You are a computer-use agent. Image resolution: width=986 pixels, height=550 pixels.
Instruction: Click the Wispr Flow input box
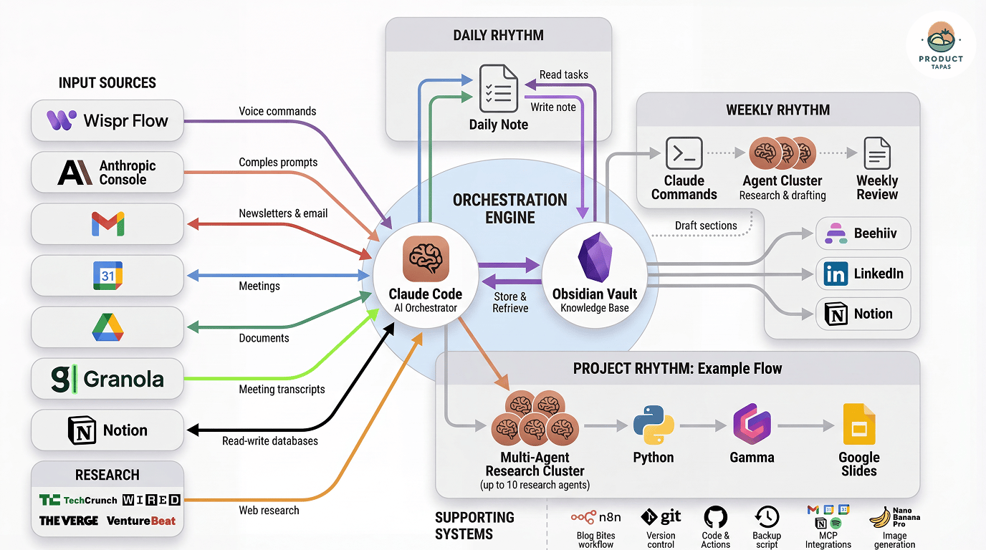pyautogui.click(x=107, y=120)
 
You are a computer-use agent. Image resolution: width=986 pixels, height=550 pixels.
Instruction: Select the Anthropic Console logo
pyautogui.click(x=75, y=173)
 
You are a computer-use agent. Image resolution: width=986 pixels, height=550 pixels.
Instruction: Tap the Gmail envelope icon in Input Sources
pyautogui.click(x=107, y=224)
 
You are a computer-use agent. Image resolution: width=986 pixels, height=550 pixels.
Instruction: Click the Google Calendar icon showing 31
pyautogui.click(x=107, y=276)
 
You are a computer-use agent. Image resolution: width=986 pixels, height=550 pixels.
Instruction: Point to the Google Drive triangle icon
pyautogui.click(x=107, y=327)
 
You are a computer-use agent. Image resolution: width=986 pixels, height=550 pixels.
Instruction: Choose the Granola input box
pyautogui.click(x=107, y=379)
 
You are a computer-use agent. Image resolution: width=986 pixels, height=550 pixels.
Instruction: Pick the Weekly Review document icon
pyautogui.click(x=877, y=153)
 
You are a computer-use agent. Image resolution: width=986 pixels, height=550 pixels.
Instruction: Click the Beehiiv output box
pyautogui.click(x=863, y=233)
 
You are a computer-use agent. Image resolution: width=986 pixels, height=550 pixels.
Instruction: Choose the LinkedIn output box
pyautogui.click(x=863, y=274)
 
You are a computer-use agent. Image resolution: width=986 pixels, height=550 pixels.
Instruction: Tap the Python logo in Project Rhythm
pyautogui.click(x=654, y=425)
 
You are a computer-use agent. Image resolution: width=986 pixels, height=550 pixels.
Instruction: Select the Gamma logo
pyautogui.click(x=752, y=425)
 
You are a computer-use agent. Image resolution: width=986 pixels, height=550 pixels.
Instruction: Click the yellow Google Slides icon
pyautogui.click(x=858, y=425)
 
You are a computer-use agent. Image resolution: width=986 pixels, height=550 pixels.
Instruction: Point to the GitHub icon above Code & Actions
pyautogui.click(x=715, y=517)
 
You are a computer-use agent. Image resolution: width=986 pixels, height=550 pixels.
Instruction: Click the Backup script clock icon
pyautogui.click(x=767, y=517)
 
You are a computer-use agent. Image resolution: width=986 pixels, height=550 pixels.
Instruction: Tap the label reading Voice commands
pyautogui.click(x=277, y=111)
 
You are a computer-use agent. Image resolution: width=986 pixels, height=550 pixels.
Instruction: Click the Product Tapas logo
pyautogui.click(x=940, y=44)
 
